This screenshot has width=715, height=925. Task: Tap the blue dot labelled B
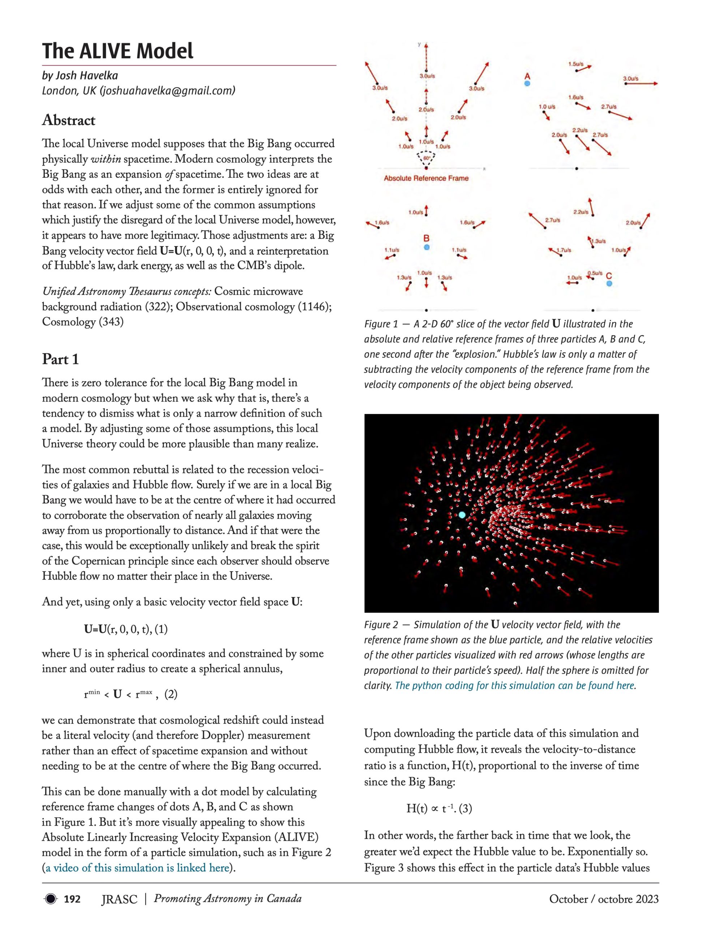pyautogui.click(x=427, y=247)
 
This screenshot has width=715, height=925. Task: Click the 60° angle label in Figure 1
pyautogui.click(x=427, y=158)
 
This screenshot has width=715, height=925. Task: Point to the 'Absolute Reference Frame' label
pyautogui.click(x=426, y=178)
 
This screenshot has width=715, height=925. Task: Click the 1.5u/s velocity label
pyautogui.click(x=575, y=64)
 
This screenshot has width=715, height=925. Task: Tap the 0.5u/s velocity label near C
pyautogui.click(x=595, y=273)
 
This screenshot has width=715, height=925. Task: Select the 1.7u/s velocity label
pyautogui.click(x=564, y=250)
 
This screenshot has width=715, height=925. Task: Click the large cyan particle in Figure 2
pyautogui.click(x=462, y=515)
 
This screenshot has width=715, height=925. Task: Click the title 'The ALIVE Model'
pyautogui.click(x=117, y=51)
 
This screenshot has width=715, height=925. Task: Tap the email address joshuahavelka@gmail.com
pyautogui.click(x=167, y=90)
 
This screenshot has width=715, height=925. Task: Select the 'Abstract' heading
pyautogui.click(x=69, y=120)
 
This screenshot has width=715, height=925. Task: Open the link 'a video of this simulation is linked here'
pyautogui.click(x=137, y=868)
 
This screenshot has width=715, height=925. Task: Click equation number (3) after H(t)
pyautogui.click(x=465, y=809)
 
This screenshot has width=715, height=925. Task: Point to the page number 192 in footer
pyautogui.click(x=72, y=899)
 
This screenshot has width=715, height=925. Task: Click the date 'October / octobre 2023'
pyautogui.click(x=604, y=899)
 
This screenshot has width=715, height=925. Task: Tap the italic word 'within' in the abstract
pyautogui.click(x=104, y=159)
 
